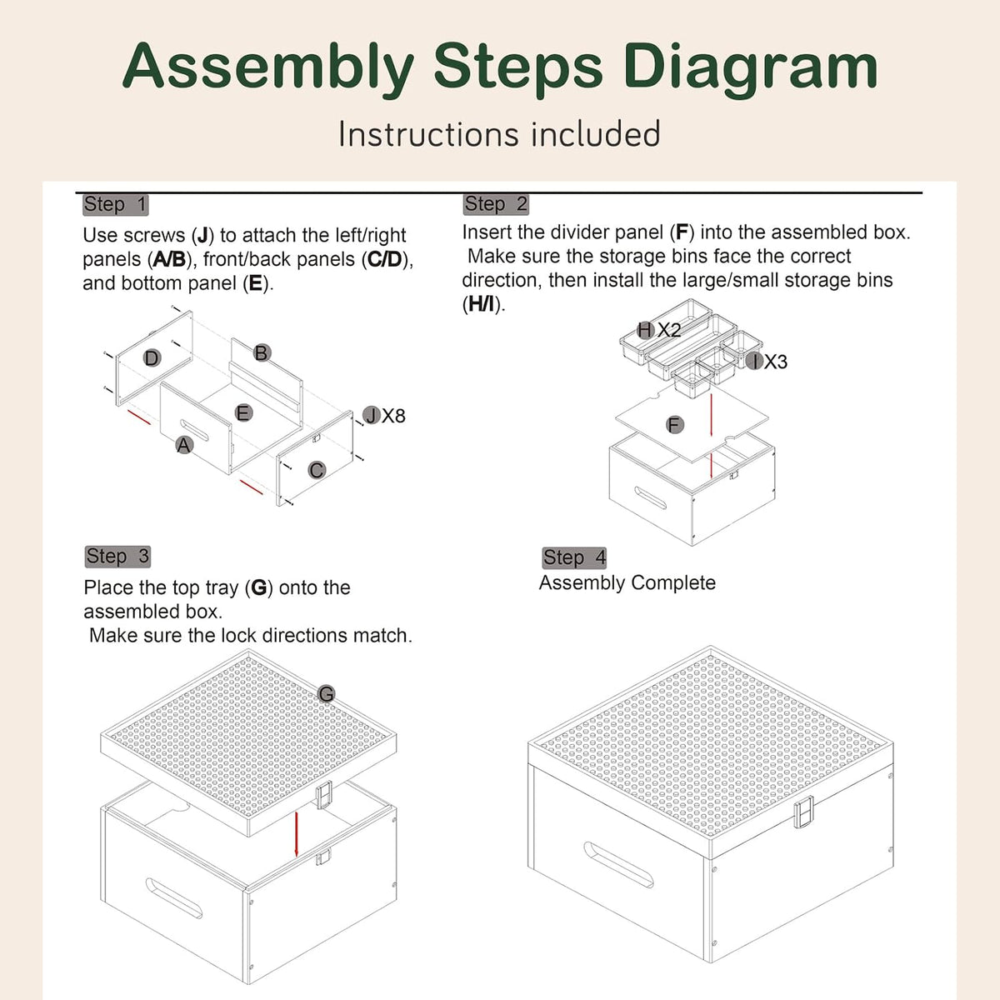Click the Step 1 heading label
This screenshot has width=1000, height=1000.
coord(116,204)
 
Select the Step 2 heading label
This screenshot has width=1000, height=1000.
coord(496,204)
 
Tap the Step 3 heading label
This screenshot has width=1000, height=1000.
coord(117,557)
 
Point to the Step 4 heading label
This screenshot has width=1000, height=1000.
coord(574,557)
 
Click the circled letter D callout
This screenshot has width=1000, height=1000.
coord(152,358)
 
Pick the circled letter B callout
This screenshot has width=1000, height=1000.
coord(261,352)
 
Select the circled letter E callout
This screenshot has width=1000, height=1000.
coord(242,413)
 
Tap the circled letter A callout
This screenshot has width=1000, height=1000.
coord(183,445)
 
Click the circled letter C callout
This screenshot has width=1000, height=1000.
coord(316,470)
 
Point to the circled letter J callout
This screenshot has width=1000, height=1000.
coord(371,415)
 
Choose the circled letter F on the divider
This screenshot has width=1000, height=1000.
coord(675,425)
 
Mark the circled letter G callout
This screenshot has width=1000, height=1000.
coord(326,694)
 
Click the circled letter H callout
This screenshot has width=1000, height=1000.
coord(645,329)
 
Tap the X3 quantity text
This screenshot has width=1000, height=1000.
coord(776,362)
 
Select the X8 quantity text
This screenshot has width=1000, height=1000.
coord(393,416)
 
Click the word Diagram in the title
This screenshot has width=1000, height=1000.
coord(751,67)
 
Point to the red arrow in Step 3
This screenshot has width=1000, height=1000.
coord(297,834)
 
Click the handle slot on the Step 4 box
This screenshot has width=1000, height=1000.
coord(618,864)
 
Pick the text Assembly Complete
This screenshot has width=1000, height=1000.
coord(627,582)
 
